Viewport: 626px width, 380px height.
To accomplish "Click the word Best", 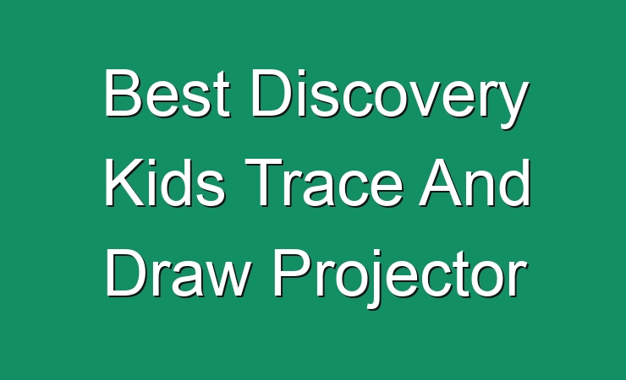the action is point(167,93).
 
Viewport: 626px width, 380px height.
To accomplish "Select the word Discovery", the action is point(390,99).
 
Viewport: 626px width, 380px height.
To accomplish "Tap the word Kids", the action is point(165,183).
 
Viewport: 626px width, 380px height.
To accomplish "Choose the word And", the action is point(475,183).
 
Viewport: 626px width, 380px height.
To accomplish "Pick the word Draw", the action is point(178,273).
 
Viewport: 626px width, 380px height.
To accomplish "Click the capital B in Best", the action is point(124,93).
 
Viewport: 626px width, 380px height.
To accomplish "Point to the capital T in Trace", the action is point(264,182).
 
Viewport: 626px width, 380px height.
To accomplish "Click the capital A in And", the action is point(441,182).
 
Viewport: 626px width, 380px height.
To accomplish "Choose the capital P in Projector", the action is point(293,273).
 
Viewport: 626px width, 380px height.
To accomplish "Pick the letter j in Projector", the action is point(375,279).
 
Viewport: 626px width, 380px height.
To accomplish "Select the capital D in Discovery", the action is point(272,93).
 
